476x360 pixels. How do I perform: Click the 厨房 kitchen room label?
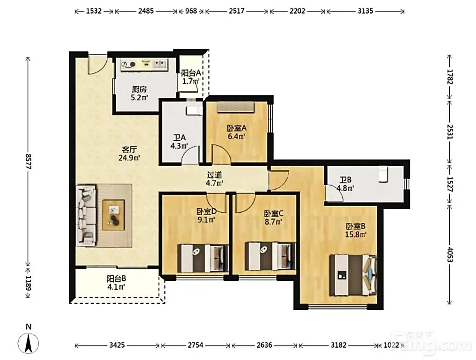pos(139,93)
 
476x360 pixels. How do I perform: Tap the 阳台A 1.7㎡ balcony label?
pos(191,77)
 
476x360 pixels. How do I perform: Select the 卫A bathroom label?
pos(179,142)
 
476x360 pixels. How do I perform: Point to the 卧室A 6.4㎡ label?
pos(237,132)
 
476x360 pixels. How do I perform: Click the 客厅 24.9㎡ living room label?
pos(130,154)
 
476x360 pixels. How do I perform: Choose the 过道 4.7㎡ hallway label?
pos(215,179)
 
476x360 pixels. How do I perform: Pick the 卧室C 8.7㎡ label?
pos(274,218)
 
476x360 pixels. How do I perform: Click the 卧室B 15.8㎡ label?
pos(356,230)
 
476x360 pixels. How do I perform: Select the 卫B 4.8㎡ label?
pos(346,184)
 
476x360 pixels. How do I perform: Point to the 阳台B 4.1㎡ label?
pos(116,283)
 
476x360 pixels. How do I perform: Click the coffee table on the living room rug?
pos(114,215)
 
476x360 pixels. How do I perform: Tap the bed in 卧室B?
pos(353,275)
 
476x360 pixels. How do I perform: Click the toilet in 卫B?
pos(384,174)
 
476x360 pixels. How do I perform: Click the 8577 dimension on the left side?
pos(28,161)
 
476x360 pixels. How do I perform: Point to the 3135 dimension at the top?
pos(365,11)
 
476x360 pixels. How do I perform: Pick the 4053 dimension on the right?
pos(450,255)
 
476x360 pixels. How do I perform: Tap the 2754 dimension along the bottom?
pos(196,345)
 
